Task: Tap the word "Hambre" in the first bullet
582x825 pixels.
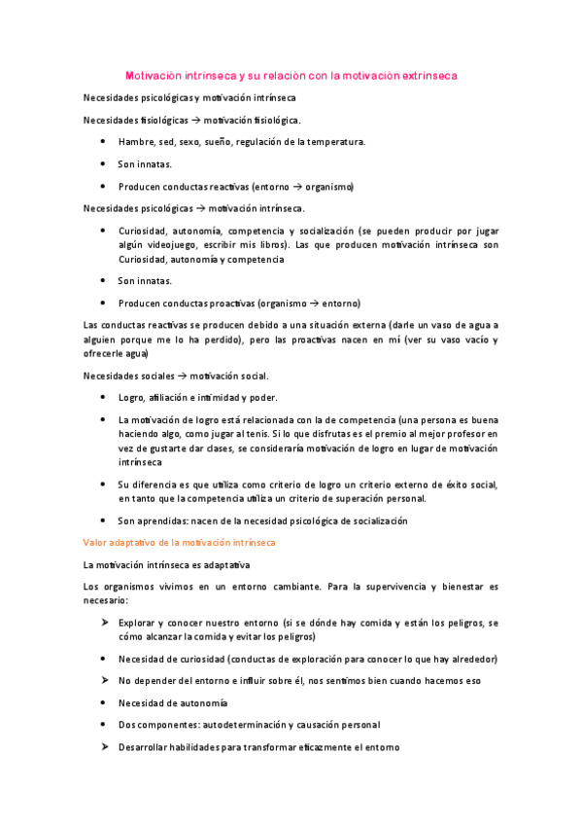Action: point(136,142)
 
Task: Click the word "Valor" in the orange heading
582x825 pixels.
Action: point(97,542)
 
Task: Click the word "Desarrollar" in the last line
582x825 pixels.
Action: point(145,747)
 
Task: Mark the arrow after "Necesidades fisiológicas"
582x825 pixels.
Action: point(194,120)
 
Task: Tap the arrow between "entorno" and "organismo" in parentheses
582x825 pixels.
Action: point(307,186)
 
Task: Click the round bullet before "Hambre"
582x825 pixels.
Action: point(104,142)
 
